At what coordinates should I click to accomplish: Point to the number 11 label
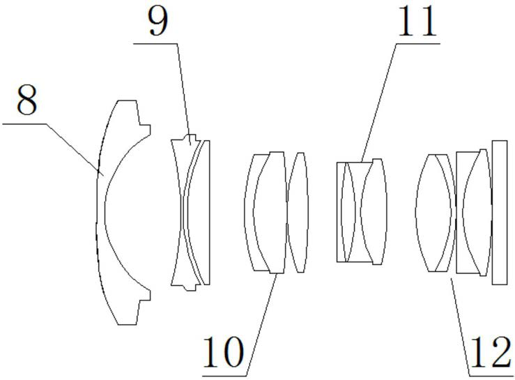tap(416, 23)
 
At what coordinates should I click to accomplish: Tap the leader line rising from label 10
tap(262, 314)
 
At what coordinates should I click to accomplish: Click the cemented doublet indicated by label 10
tap(268, 211)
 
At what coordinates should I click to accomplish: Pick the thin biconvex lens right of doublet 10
tap(298, 211)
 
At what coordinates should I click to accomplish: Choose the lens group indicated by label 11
tap(360, 211)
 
